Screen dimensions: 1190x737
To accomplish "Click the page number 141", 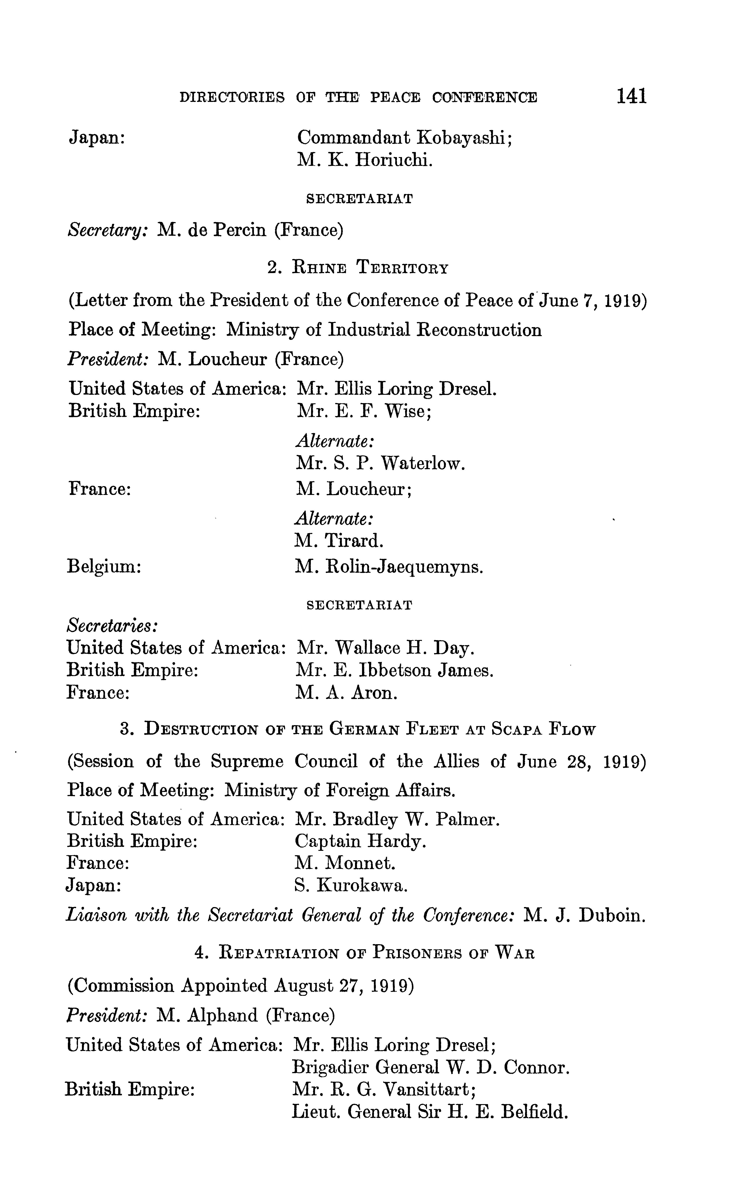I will pos(632,96).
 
